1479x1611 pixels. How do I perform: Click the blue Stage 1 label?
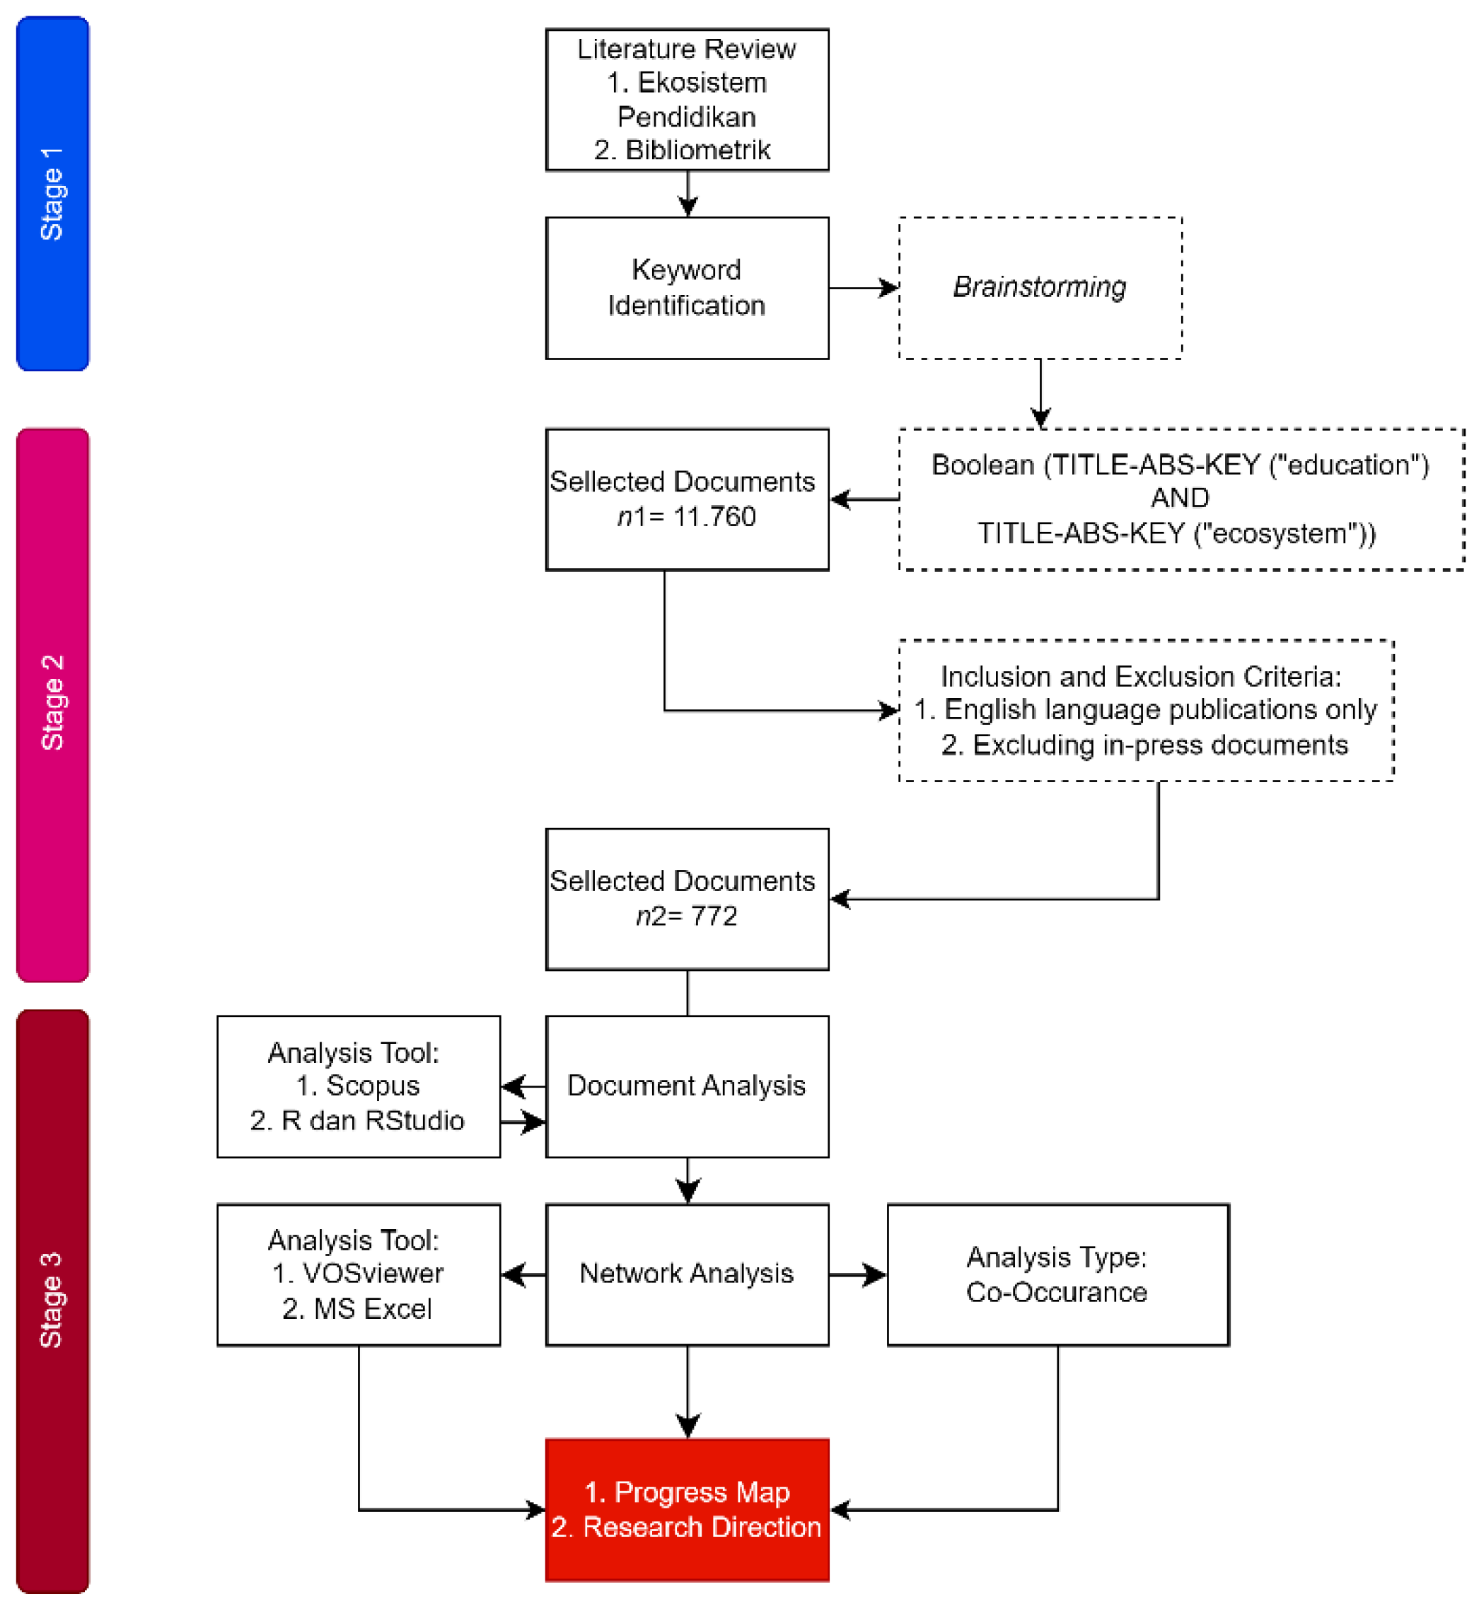[52, 193]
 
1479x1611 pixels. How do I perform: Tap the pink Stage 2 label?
[52, 704]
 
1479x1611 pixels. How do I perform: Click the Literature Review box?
[687, 99]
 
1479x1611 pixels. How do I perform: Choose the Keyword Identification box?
[687, 287]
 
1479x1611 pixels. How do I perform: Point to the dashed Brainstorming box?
[1040, 287]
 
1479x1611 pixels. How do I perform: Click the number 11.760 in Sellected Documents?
[714, 517]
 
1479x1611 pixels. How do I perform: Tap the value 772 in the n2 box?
[714, 917]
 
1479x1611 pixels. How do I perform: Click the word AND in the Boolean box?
[1180, 499]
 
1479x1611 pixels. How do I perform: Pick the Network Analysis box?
[687, 1274]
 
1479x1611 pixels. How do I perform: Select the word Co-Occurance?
[1057, 1293]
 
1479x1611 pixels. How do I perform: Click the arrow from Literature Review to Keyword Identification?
[688, 195]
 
